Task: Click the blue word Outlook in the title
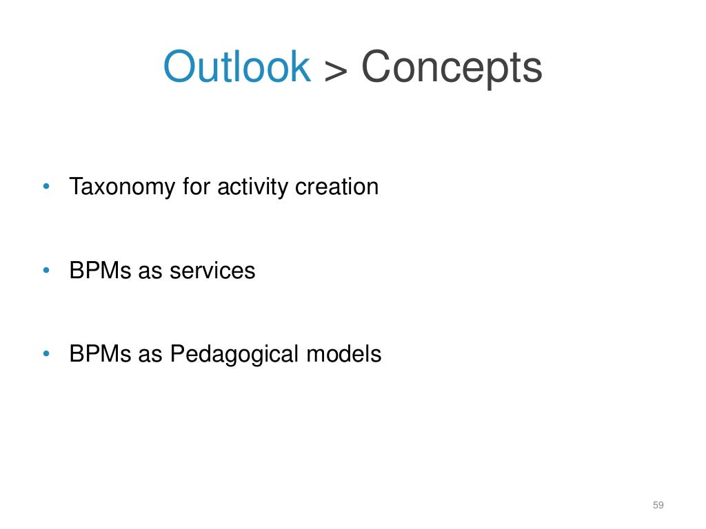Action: (236, 67)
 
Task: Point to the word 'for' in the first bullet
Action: (196, 187)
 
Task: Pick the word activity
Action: (252, 187)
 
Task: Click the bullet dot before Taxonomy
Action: (46, 187)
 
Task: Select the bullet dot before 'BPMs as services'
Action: (46, 270)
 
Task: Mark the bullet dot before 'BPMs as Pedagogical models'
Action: (46, 354)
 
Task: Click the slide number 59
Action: (658, 506)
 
